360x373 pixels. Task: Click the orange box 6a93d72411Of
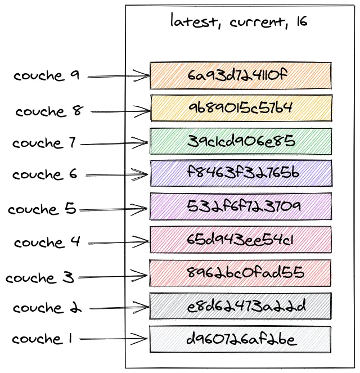point(240,75)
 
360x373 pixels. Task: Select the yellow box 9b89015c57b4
point(240,108)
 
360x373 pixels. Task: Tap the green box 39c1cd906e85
point(240,141)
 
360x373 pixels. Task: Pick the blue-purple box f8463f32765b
point(240,173)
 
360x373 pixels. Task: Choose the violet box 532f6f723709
point(240,206)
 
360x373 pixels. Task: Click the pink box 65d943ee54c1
point(240,240)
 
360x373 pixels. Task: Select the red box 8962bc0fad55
point(240,273)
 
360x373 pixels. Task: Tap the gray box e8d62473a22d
point(240,306)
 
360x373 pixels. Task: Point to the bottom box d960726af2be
point(240,339)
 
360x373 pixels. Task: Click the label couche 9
point(47,76)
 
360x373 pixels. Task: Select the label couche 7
point(44,143)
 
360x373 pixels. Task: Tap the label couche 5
point(42,209)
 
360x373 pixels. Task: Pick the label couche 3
point(39,278)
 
